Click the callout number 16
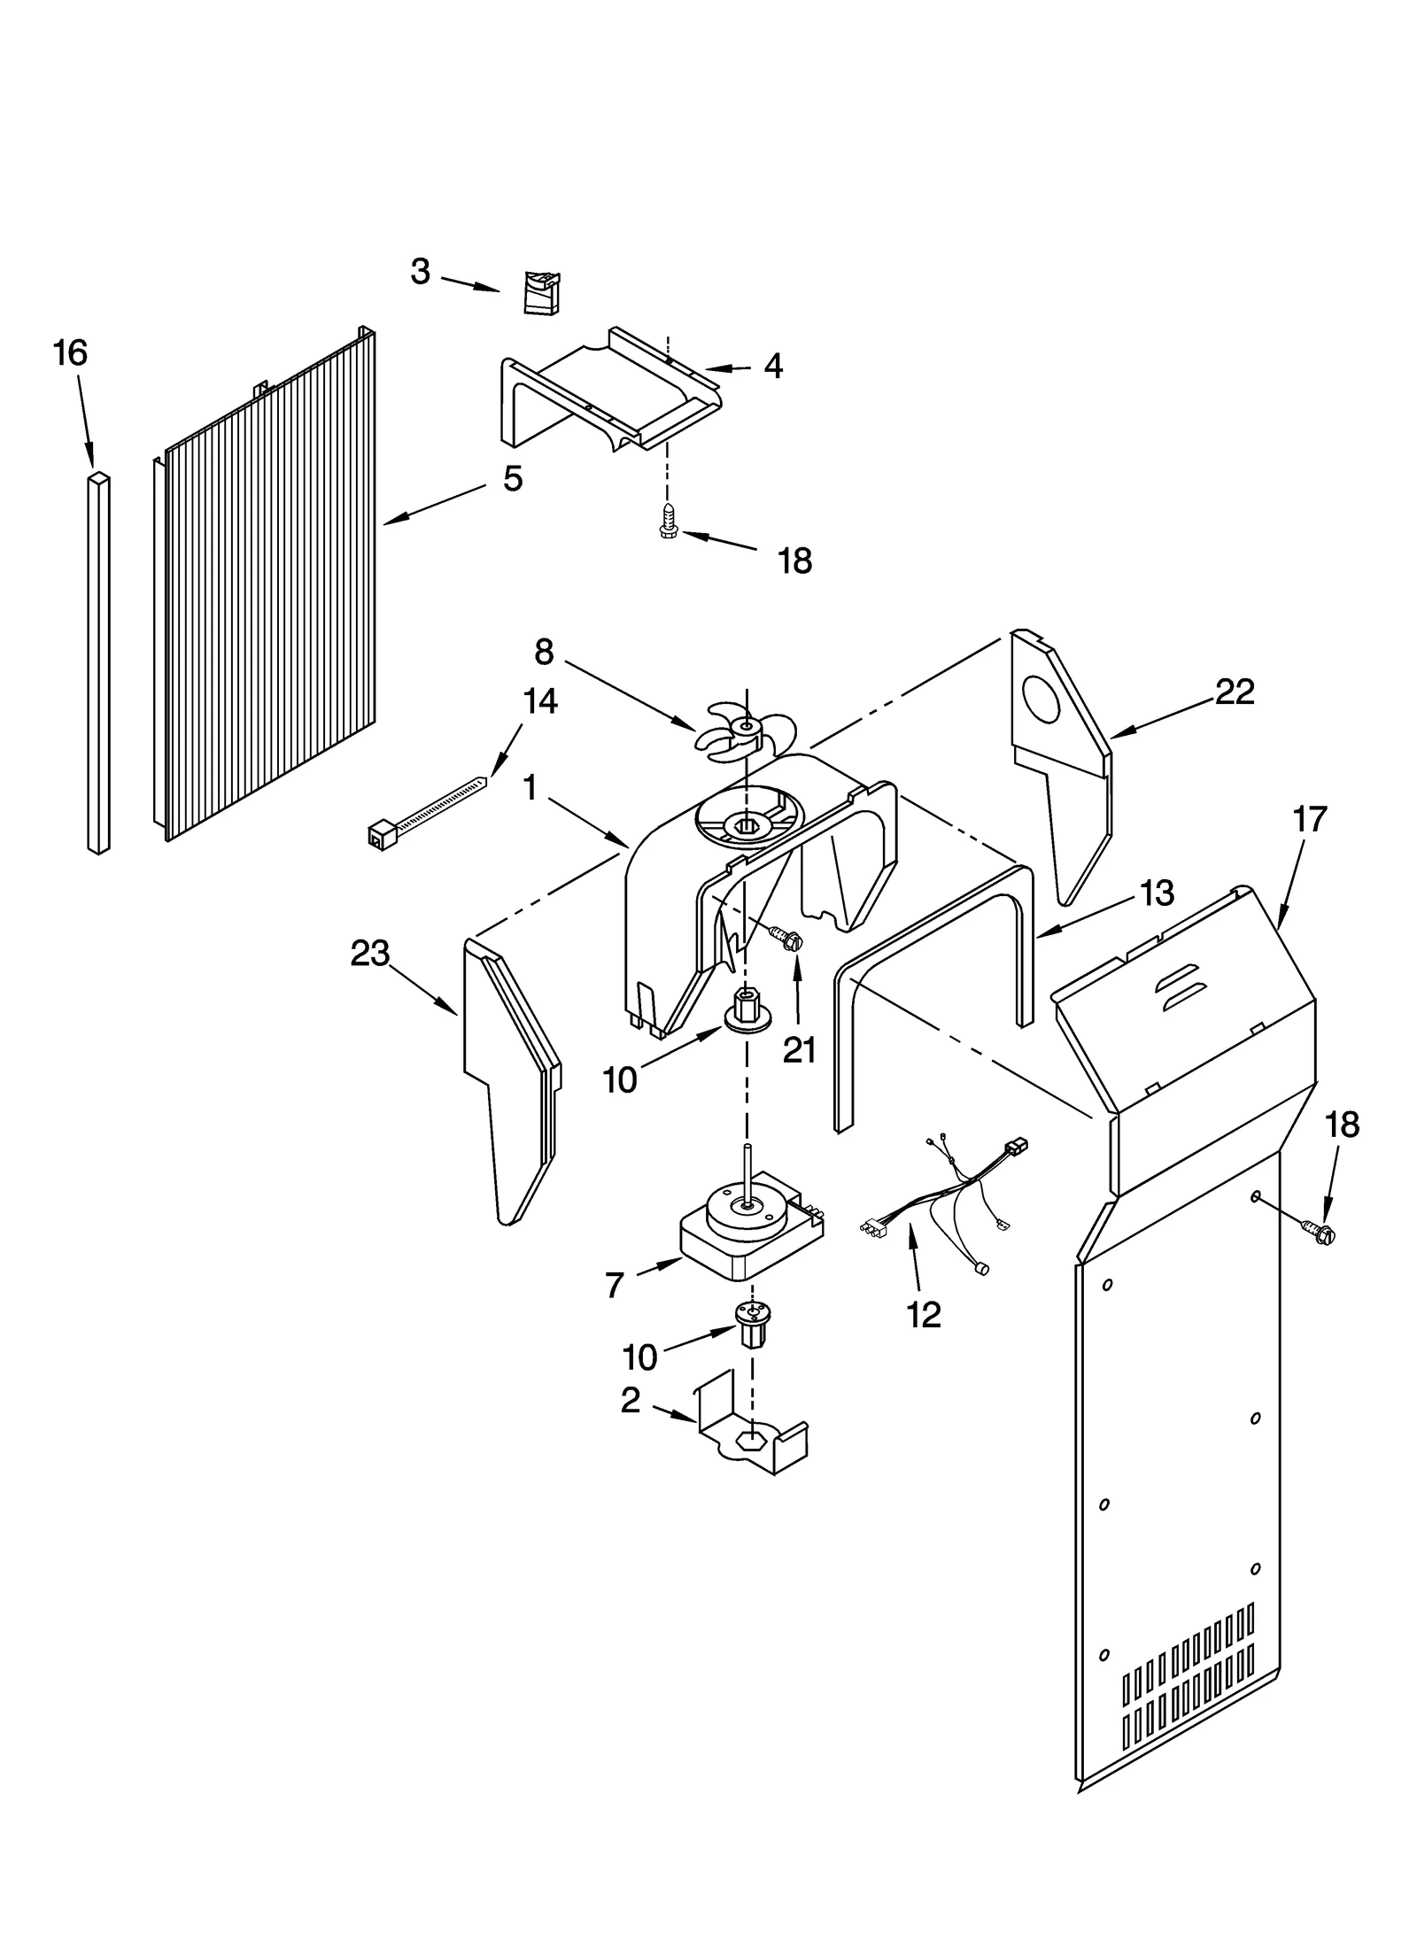pos(70,353)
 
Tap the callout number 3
pos(420,272)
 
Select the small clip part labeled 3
pos(541,292)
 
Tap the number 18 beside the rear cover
pos(1343,1125)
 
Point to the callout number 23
pos(369,955)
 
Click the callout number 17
pos(1309,819)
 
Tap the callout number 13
pos(1158,893)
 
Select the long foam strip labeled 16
pos(100,664)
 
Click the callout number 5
pos(512,479)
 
